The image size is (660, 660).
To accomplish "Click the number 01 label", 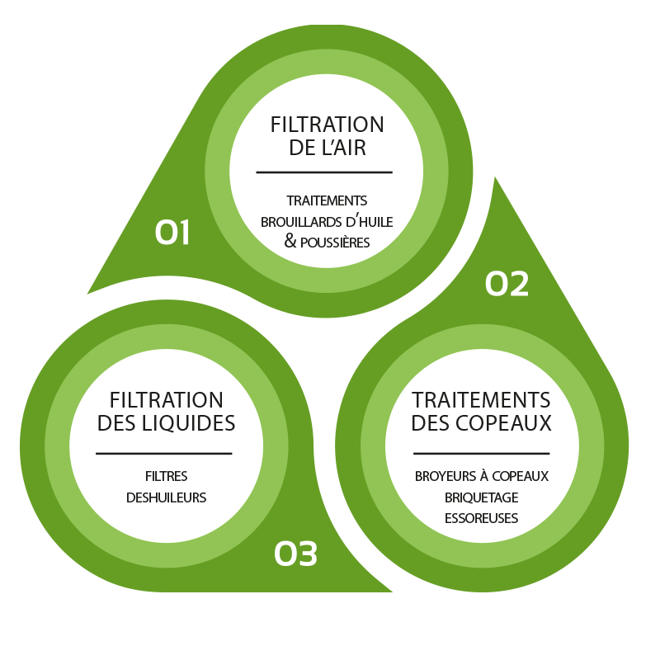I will tap(172, 233).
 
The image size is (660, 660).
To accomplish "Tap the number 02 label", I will tap(507, 284).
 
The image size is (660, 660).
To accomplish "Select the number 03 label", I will tap(295, 554).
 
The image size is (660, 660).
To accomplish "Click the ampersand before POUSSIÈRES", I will tap(290, 242).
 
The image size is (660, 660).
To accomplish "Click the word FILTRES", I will tap(166, 476).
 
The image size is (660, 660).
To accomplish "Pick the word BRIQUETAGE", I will tap(481, 497).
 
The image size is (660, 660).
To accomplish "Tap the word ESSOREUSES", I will tap(481, 518).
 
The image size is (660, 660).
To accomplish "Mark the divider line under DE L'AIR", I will tap(324, 172).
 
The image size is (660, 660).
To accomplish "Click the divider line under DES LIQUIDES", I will tap(164, 453).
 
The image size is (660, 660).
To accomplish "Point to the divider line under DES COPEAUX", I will tap(481, 453).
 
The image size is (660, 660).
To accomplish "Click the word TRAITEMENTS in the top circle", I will tap(327, 200).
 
